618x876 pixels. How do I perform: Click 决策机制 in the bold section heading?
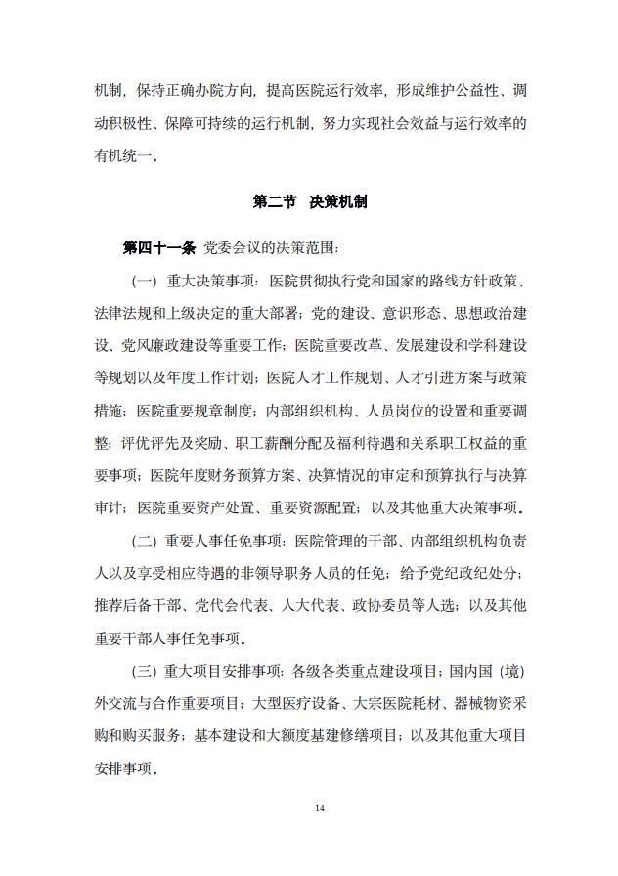tap(338, 201)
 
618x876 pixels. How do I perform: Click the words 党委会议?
tap(231, 248)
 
